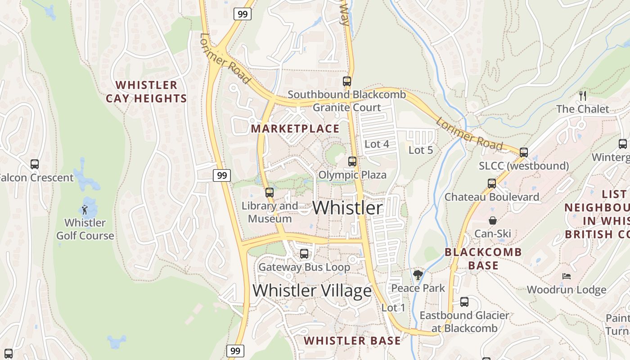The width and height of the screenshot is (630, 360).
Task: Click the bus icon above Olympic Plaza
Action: [x=352, y=161]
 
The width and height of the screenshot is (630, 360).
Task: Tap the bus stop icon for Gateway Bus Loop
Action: [x=304, y=253]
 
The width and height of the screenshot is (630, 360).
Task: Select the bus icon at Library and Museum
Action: [x=270, y=193]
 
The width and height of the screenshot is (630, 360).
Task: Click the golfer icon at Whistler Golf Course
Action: [x=85, y=209]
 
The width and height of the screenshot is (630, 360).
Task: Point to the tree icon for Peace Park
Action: [x=418, y=274]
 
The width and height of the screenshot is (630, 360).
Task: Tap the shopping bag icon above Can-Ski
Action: [x=493, y=220]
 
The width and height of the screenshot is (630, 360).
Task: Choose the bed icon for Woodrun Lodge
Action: [x=566, y=276]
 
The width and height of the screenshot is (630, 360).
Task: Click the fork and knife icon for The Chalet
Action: [x=583, y=95]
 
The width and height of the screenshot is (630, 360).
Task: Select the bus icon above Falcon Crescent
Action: [x=35, y=164]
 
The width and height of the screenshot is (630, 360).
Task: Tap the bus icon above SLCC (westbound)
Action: [x=523, y=152]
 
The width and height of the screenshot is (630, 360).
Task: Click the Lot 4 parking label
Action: [x=377, y=144]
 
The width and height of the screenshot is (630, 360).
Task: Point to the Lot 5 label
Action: [x=421, y=150]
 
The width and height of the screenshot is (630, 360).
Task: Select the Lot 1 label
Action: [x=393, y=308]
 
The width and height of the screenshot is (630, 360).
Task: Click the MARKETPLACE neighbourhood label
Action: [x=295, y=129]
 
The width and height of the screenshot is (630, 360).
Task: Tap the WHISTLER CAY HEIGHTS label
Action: [x=146, y=92]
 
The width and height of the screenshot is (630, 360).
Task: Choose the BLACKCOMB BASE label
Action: [x=483, y=259]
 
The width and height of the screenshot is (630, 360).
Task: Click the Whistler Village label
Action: [x=312, y=291]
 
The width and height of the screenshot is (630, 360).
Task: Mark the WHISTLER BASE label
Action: [x=352, y=341]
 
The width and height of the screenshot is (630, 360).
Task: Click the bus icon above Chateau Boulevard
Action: [x=492, y=184]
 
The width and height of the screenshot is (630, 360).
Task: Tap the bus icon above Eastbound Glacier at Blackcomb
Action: [x=464, y=302]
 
